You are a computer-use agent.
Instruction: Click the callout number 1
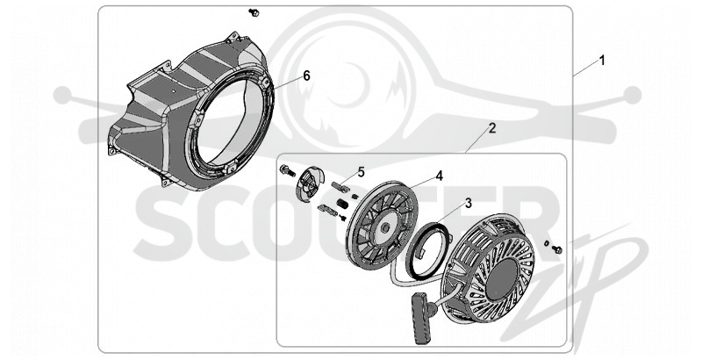point(602,61)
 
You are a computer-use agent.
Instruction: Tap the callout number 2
point(492,128)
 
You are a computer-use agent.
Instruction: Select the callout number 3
point(469,204)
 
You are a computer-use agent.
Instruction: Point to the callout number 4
point(440,176)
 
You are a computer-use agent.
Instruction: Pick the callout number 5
point(362,171)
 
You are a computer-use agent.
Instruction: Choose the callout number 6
point(306,76)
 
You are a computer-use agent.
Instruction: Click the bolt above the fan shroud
point(254,13)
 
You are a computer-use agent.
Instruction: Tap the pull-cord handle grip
point(420,318)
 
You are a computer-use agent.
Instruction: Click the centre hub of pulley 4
point(384,228)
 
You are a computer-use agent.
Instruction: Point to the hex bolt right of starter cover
point(557,249)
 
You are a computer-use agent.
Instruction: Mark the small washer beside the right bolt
point(546,243)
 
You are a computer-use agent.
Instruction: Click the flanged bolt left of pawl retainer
point(286,170)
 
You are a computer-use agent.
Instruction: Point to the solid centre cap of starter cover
point(505,280)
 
